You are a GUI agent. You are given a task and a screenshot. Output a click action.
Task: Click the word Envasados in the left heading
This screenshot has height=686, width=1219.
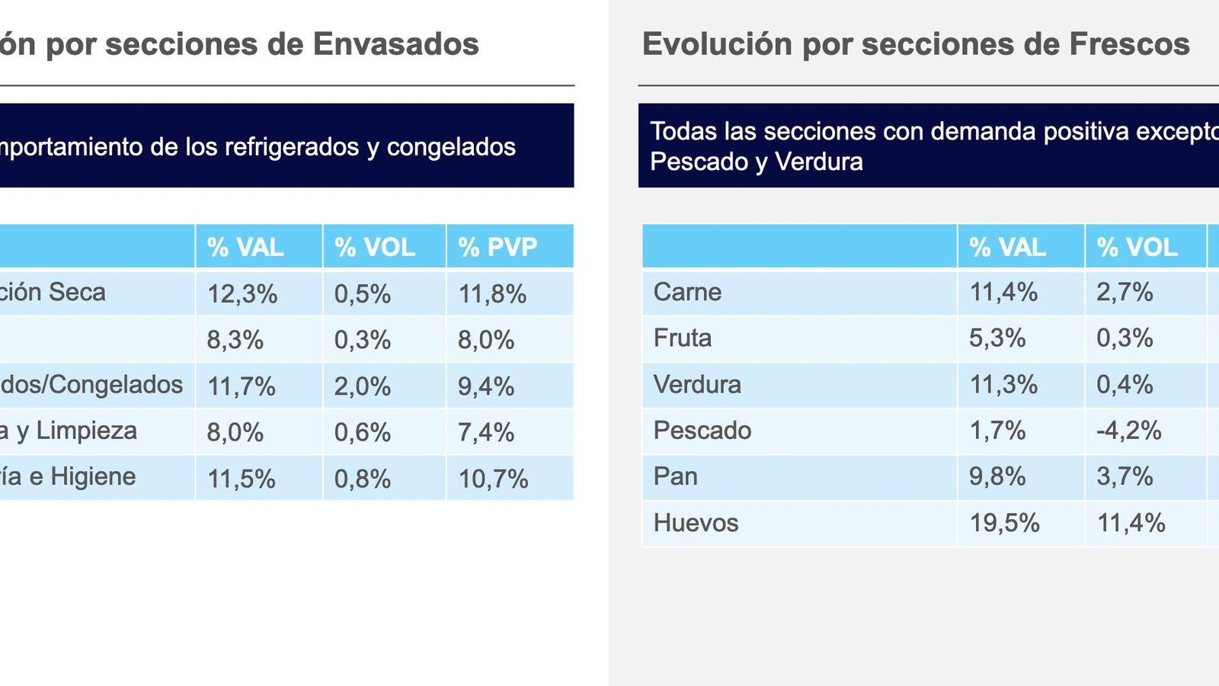coord(395,44)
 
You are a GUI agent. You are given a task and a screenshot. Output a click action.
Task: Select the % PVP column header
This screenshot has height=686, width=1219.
coord(498,247)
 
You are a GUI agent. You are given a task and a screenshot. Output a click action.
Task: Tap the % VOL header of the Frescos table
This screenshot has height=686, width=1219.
coord(1137,247)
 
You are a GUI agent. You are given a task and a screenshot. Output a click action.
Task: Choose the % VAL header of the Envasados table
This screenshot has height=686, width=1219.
coord(245,247)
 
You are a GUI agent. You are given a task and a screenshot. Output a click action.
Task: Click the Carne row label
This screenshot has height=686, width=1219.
coord(687,292)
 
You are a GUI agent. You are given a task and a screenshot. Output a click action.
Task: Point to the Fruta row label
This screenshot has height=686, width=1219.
coord(683,338)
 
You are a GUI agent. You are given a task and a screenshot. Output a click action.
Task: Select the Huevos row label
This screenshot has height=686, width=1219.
coord(696,523)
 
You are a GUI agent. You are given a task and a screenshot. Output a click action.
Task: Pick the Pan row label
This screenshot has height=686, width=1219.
coord(676,476)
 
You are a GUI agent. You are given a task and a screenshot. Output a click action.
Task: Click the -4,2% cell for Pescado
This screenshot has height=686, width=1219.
coord(1128,431)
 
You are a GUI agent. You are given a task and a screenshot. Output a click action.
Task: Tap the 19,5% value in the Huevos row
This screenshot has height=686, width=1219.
coord(1004,523)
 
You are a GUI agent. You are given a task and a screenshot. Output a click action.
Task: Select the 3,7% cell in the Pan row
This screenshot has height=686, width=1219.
coord(1125,476)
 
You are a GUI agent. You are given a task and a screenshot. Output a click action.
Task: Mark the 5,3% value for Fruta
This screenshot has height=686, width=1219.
coord(997,338)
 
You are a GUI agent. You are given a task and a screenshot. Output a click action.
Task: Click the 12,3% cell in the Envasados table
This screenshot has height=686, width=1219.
coord(242,293)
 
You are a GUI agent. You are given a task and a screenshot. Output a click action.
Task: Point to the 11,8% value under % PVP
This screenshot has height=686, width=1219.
coord(492,293)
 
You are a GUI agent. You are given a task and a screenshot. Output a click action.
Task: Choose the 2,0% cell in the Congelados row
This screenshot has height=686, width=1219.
coord(363,386)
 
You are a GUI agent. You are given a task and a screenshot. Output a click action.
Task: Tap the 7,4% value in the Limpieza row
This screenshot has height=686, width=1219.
coord(486,432)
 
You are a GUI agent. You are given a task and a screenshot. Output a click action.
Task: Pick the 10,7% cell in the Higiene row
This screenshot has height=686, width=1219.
coord(493,479)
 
